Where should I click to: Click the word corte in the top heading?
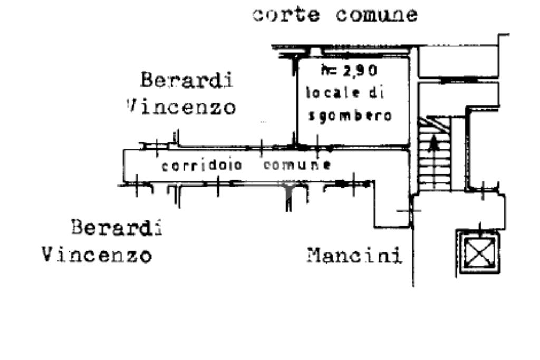coord(285,15)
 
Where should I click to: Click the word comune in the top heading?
coord(377,15)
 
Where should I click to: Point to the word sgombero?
coord(350,115)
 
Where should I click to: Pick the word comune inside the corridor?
coord(297,165)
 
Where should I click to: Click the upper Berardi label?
coord(187,81)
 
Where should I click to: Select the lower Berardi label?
coord(116,228)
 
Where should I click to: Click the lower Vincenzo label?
coord(97,256)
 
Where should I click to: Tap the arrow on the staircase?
coord(433,143)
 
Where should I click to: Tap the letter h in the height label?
coord(324,69)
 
